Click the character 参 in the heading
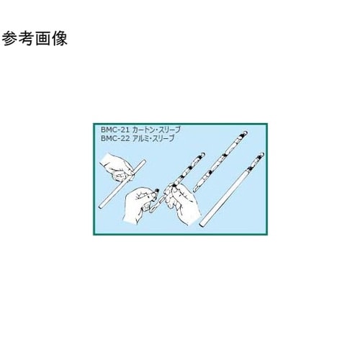tap(12, 40)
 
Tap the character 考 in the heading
tap(30, 40)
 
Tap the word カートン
tap(147, 129)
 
